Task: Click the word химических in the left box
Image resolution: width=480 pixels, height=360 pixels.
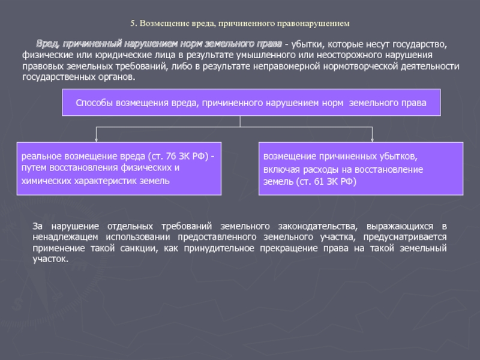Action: (43, 180)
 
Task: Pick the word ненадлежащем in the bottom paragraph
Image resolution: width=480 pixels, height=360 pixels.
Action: (61, 237)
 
